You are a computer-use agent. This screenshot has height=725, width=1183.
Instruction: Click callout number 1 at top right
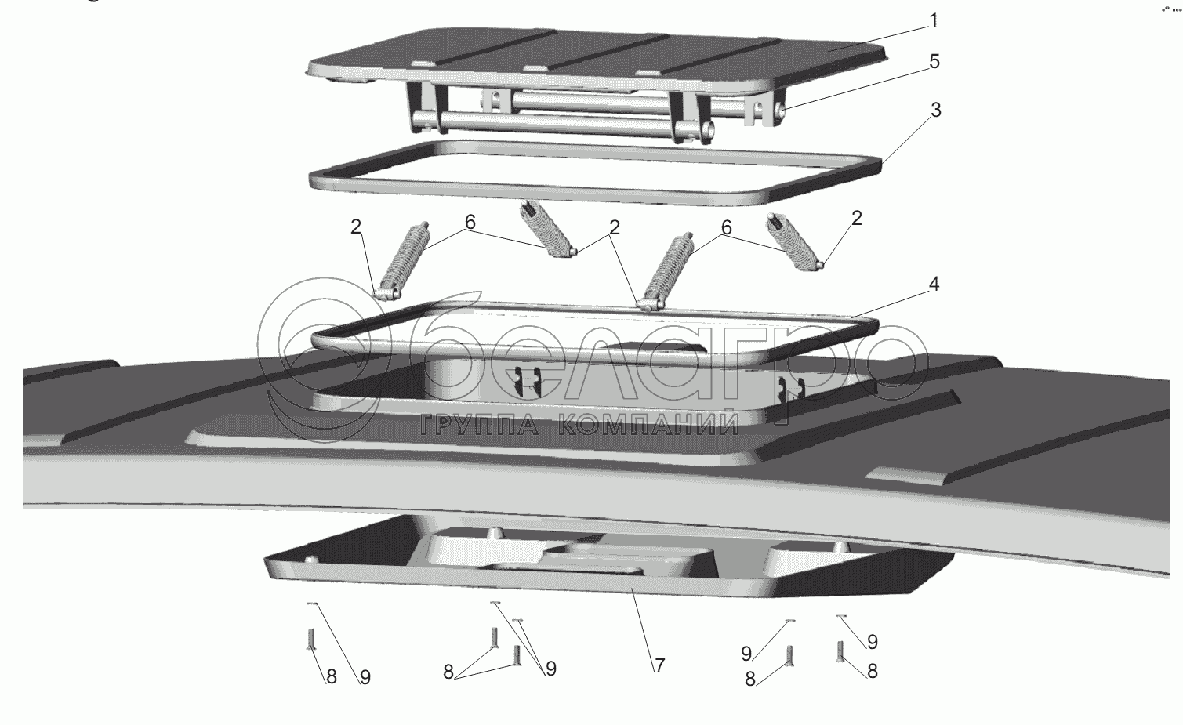point(933,20)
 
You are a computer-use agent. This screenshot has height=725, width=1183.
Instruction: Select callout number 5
point(934,61)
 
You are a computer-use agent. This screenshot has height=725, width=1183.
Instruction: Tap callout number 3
point(935,111)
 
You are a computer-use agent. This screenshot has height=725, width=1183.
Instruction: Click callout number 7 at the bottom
point(659,665)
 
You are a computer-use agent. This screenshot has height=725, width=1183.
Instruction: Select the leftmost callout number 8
point(331,676)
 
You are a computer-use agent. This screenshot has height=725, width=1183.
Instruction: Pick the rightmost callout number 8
point(872,671)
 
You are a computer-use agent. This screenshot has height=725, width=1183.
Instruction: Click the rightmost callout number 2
point(856,219)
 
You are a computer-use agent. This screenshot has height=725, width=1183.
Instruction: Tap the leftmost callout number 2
point(357,227)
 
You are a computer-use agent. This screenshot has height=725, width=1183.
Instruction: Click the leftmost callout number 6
point(470,222)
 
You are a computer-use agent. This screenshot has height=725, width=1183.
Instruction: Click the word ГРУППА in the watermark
point(478,425)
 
